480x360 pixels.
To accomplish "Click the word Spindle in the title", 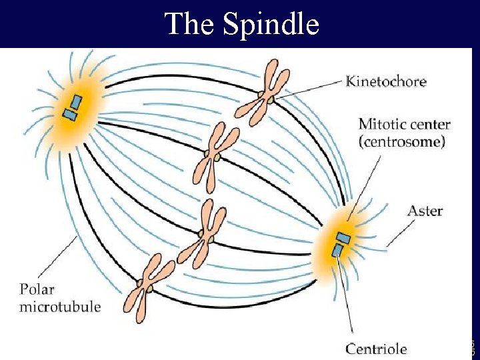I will coord(271,25).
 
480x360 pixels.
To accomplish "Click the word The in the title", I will coord(191,24).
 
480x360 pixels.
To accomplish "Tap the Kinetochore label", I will coord(386,82).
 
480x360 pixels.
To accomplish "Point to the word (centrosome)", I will coord(402,141).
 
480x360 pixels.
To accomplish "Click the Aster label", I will coord(425,211).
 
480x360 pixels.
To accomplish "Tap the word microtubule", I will coord(60,307).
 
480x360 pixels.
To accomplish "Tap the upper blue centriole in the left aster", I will coord(76,102).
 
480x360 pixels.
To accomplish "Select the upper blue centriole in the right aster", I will coord(343,237).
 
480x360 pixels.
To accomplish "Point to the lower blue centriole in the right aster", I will coord(338,251).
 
